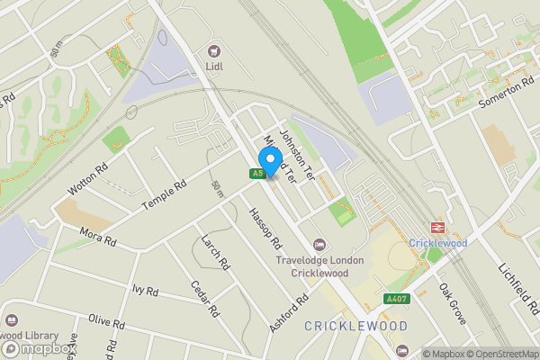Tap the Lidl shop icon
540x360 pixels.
tap(214, 50)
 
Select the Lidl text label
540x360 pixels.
tap(215, 66)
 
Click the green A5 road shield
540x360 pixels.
tap(258, 174)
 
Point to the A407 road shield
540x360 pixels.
tap(396, 299)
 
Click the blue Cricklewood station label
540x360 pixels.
tap(437, 243)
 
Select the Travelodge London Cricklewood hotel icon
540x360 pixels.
tap(319, 246)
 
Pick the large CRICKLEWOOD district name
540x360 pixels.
tap(355, 326)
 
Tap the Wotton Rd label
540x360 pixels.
tap(87, 178)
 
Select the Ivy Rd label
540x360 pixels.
tap(145, 291)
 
